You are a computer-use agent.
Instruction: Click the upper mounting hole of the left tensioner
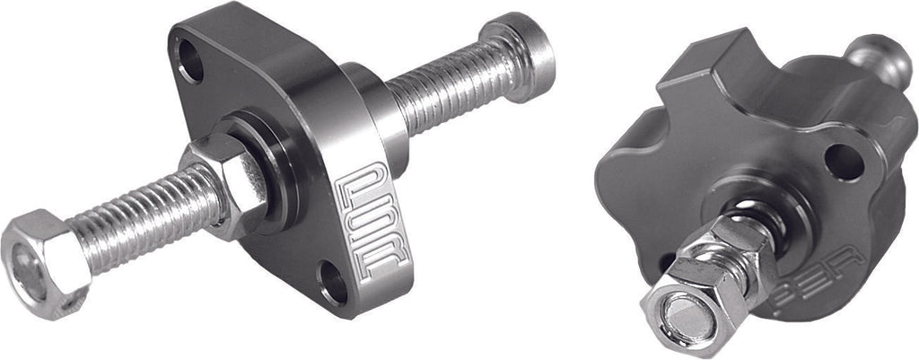coord(190,62)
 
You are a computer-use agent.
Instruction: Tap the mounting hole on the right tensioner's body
coord(843,162)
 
